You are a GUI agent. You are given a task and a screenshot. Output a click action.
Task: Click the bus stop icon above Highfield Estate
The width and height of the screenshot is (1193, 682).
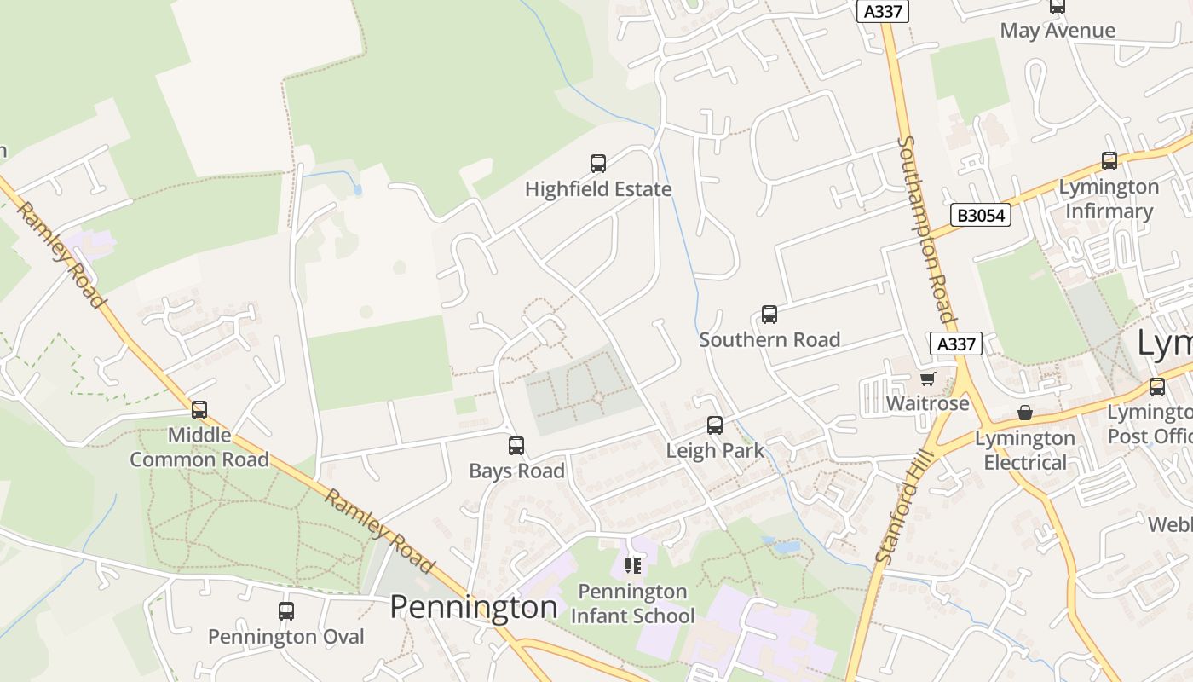tap(598, 163)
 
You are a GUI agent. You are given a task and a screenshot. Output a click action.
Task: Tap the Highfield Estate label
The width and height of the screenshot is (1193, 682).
tap(598, 189)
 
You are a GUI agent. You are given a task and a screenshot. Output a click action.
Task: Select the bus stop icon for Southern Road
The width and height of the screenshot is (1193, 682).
tap(769, 315)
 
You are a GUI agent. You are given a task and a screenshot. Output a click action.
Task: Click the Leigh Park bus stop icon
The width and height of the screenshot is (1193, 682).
tap(715, 425)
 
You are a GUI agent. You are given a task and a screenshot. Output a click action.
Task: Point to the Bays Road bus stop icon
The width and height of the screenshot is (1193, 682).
tap(516, 445)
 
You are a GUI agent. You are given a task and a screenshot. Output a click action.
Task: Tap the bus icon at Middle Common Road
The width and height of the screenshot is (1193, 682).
tap(199, 410)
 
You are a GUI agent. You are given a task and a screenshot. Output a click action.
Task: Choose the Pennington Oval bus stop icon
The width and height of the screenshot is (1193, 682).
tap(286, 611)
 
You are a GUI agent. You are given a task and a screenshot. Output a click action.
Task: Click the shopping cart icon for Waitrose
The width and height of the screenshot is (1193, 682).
tap(928, 378)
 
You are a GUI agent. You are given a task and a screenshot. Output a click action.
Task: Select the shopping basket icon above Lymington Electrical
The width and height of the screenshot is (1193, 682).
tap(1025, 413)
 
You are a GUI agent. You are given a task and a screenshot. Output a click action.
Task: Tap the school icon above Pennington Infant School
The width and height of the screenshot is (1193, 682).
tap(632, 565)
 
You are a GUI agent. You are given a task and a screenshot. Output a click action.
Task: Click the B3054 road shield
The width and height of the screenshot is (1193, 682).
tap(981, 215)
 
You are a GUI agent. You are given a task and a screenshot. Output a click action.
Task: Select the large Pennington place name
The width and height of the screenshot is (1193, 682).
tap(474, 607)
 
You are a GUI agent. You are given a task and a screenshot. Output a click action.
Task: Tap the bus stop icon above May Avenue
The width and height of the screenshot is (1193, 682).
tap(1058, 7)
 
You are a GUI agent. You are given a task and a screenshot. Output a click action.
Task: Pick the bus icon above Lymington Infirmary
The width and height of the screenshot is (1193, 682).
tap(1109, 160)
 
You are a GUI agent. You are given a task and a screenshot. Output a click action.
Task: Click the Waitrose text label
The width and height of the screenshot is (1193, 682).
tap(928, 403)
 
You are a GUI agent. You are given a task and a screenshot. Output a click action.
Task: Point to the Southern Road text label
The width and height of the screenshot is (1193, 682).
tap(769, 339)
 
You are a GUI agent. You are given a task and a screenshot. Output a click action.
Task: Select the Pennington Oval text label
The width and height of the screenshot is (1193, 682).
tap(286, 637)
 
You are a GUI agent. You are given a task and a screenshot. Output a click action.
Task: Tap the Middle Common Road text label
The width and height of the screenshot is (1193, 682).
tap(199, 448)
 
